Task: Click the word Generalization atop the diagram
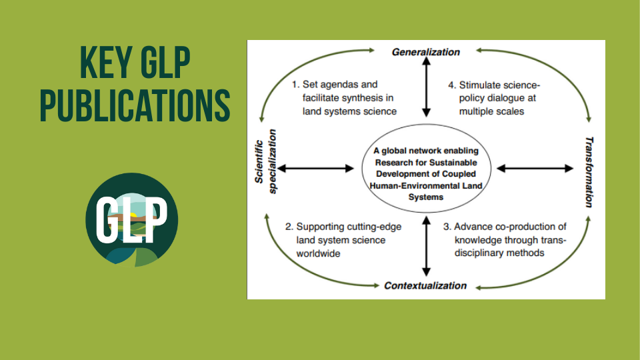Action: tap(425, 52)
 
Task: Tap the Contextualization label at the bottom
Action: tap(425, 286)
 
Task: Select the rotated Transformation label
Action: tap(589, 172)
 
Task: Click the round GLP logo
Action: tap(132, 219)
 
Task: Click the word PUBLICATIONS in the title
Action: tap(135, 105)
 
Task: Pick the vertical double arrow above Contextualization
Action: tap(425, 247)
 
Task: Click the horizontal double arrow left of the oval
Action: tap(317, 169)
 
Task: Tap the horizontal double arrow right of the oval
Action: tap(534, 169)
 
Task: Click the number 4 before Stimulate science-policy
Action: tap(451, 85)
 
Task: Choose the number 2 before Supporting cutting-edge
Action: tap(289, 227)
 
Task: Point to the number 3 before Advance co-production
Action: tap(447, 227)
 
